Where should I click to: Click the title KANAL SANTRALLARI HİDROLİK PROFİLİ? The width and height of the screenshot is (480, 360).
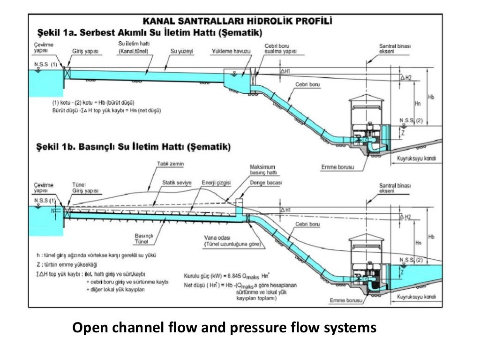coord(238,21)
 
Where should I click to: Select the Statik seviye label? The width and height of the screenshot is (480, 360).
coord(177,182)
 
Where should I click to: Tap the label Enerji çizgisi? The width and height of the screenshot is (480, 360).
coord(216,182)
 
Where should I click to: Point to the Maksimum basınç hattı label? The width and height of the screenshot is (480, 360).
coord(263,170)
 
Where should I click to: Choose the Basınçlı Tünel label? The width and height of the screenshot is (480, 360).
coord(142,238)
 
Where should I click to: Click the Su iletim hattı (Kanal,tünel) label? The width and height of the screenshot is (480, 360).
coord(134,47)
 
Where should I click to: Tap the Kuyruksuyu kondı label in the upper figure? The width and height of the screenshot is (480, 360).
coord(416,158)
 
